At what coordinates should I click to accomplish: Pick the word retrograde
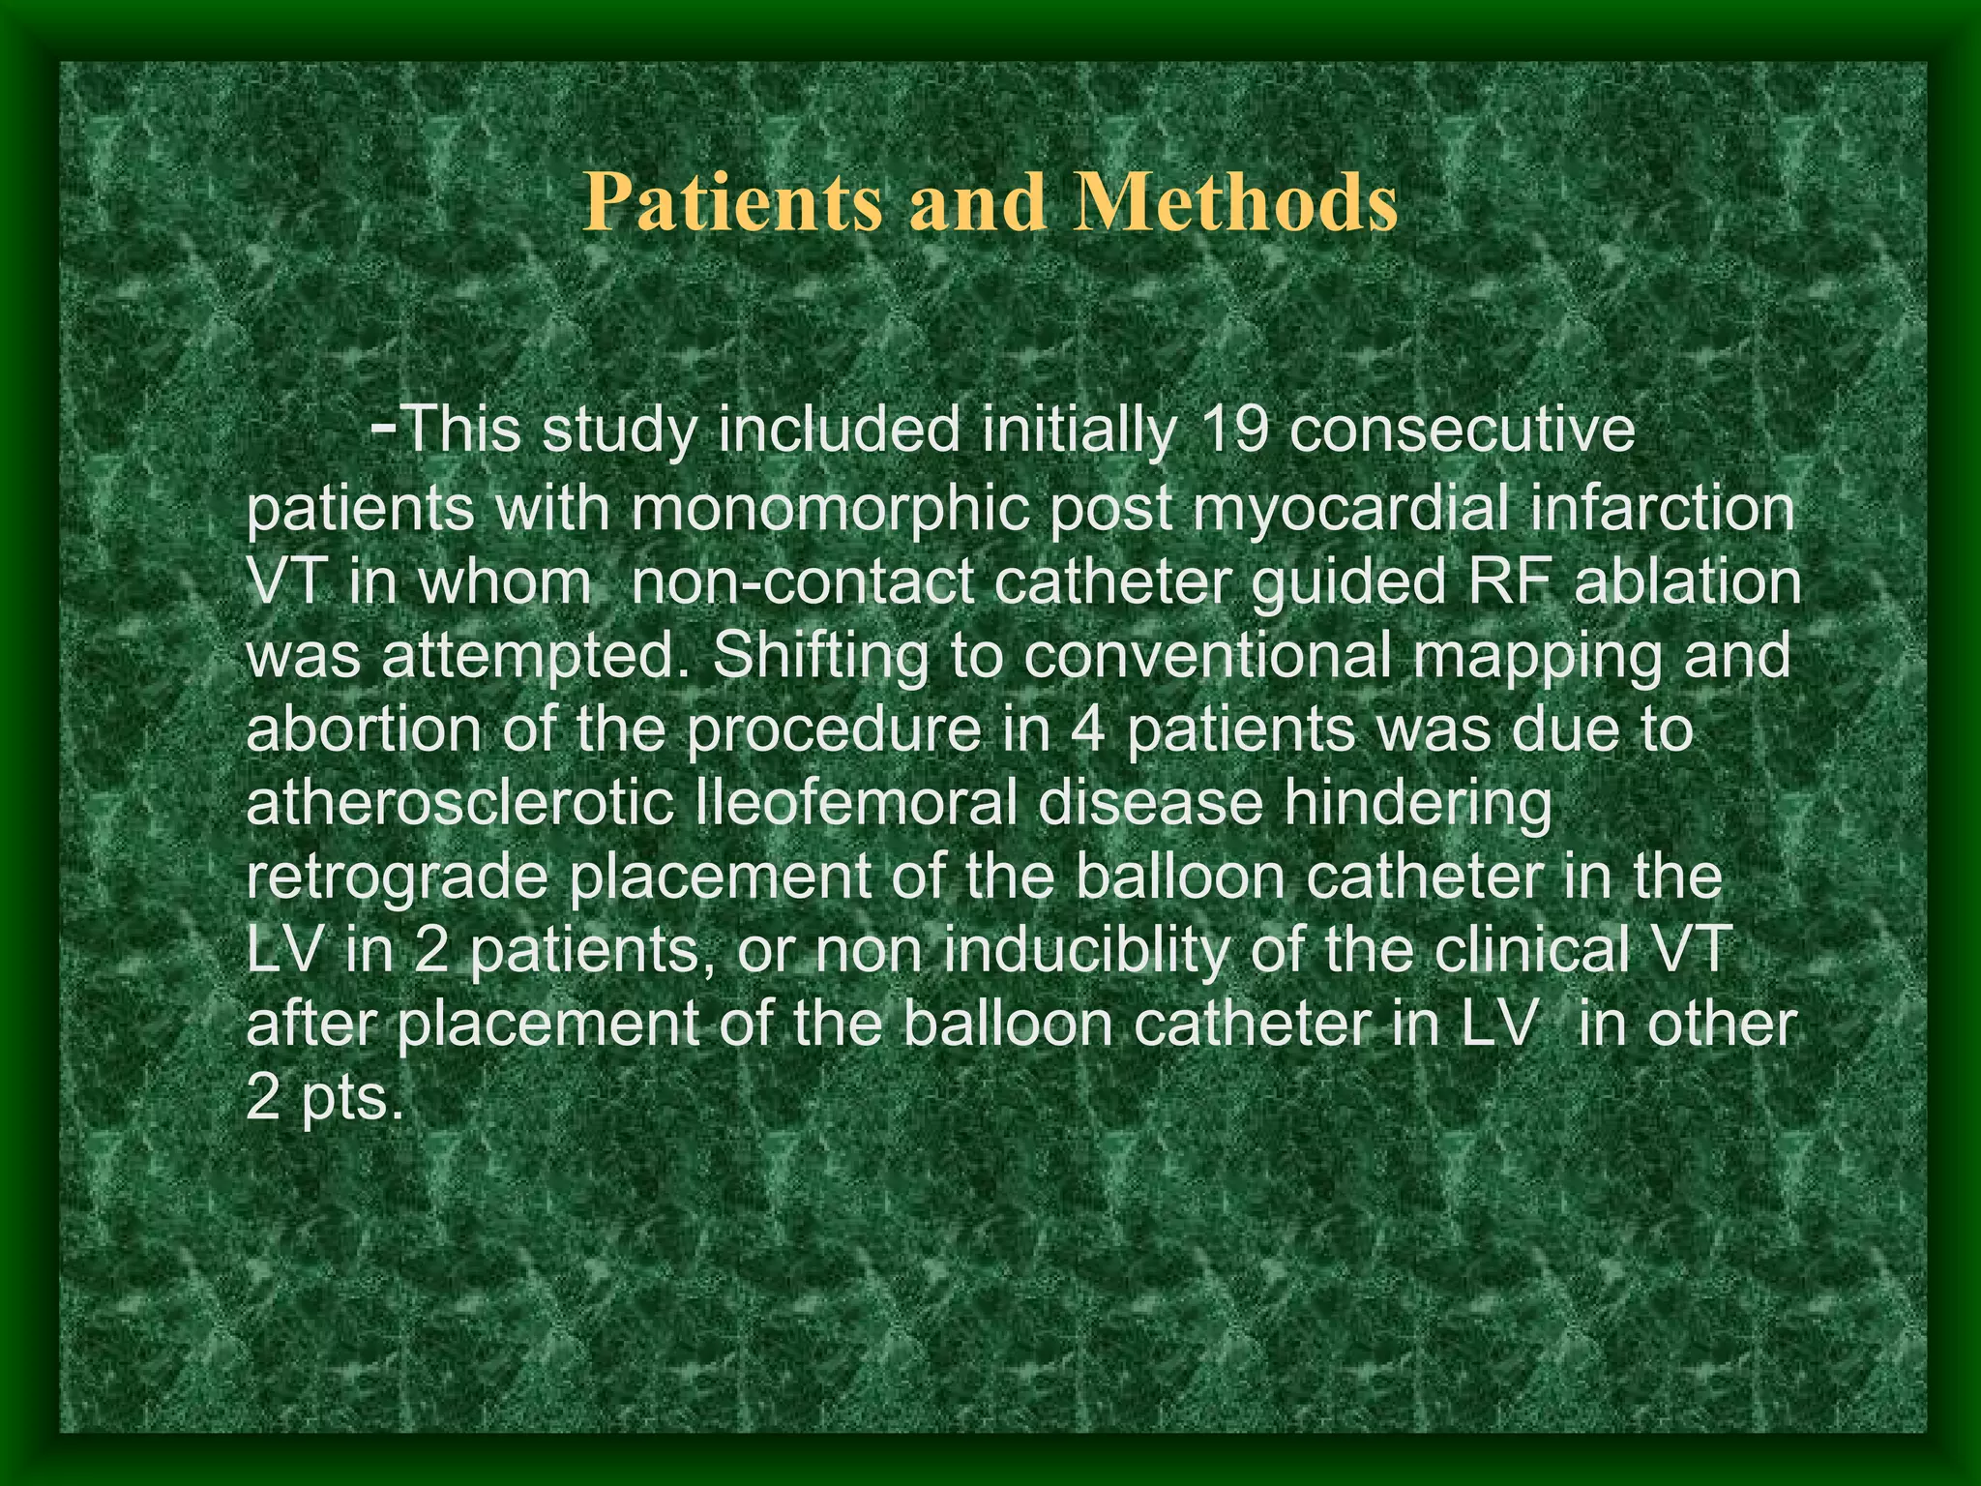[399, 878]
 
